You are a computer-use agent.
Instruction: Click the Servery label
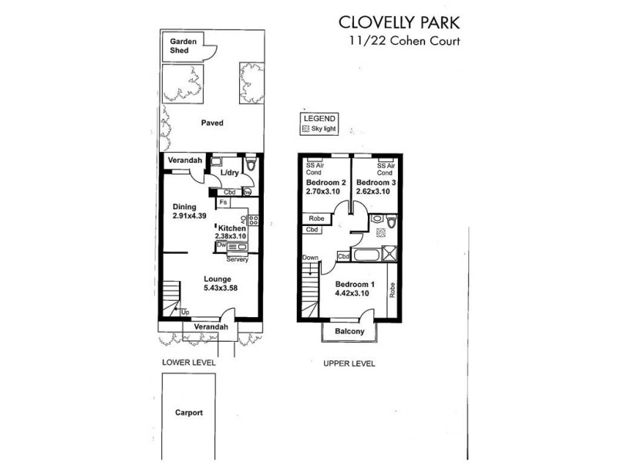click(x=238, y=259)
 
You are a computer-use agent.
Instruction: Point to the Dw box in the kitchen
click(x=221, y=246)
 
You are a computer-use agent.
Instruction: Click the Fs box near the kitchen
click(x=223, y=203)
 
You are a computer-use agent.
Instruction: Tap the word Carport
click(x=188, y=413)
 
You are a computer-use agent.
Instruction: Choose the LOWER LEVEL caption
click(x=188, y=363)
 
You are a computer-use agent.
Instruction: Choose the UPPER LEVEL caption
click(x=349, y=363)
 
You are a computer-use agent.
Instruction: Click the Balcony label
click(x=349, y=332)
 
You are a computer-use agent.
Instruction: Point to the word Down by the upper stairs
click(x=310, y=258)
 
